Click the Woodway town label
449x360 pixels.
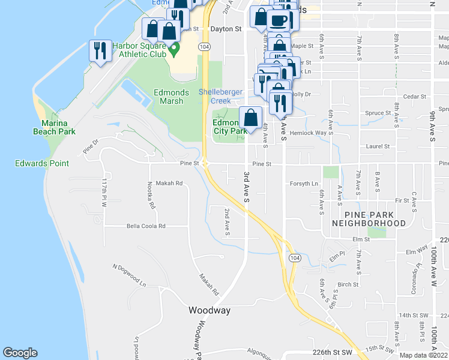point(209,310)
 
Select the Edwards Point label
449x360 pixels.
point(42,163)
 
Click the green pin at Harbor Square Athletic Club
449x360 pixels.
point(174,49)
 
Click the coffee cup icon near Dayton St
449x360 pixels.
point(277,20)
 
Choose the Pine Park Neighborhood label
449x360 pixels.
point(367,218)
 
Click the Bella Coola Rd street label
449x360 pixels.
point(145,226)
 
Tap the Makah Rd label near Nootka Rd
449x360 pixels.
point(169,184)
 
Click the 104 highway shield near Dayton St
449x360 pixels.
point(205,46)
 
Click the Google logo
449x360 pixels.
point(20,353)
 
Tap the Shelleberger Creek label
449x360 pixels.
point(221,97)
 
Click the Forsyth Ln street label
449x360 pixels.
point(304,184)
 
